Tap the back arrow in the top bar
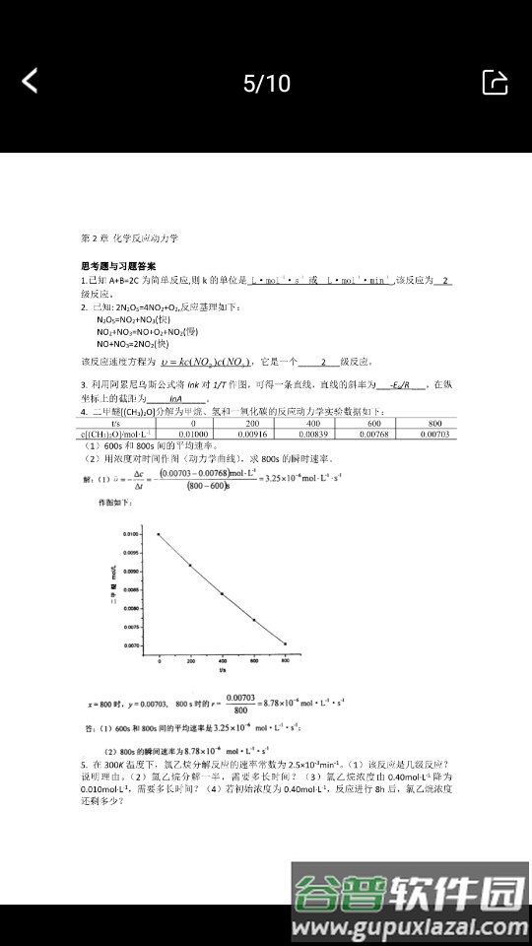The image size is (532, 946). point(31,81)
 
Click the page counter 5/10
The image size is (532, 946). point(267,83)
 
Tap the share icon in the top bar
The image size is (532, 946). point(495,82)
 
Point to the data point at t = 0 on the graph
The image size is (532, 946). point(159,534)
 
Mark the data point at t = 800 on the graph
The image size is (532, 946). point(286,644)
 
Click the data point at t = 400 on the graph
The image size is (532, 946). point(222,594)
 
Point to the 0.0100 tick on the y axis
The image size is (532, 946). point(132,534)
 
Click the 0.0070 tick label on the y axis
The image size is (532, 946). point(132,645)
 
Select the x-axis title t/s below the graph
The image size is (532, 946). point(223,670)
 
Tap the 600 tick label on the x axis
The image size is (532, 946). point(254,661)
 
